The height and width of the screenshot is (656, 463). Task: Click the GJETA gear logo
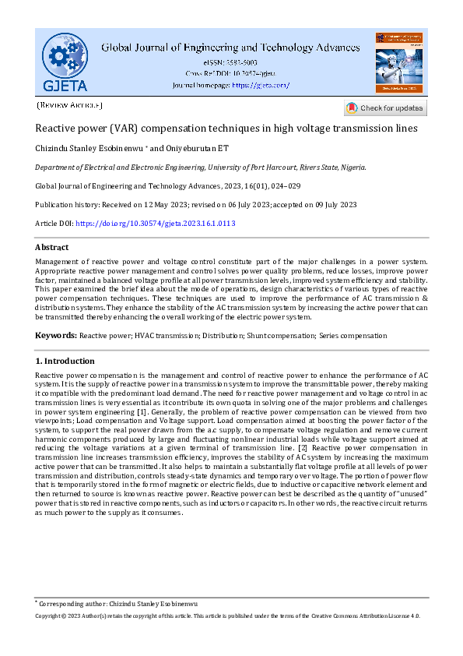(65, 62)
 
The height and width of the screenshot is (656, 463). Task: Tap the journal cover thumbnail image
(398, 62)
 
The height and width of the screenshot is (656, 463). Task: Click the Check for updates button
(386, 108)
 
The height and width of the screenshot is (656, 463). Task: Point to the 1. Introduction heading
(65, 362)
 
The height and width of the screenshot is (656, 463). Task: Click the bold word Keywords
(55, 336)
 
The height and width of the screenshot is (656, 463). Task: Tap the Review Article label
(69, 104)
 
